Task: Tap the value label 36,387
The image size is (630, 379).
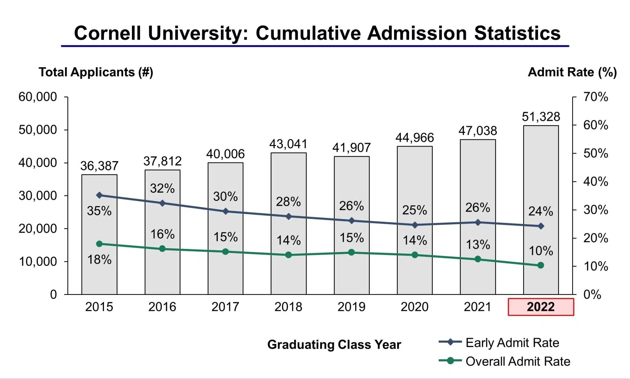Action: coord(99,166)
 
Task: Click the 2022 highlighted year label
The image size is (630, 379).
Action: coord(541,307)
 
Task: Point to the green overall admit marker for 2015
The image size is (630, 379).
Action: coord(99,244)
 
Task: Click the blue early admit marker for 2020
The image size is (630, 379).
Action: coord(415,225)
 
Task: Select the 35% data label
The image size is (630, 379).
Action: coord(99,211)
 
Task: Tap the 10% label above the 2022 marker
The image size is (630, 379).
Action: coord(541,251)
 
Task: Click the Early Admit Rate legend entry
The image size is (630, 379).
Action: coord(512,343)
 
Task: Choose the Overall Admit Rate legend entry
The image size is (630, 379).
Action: coord(517,361)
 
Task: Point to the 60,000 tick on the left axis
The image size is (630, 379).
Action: coord(38,97)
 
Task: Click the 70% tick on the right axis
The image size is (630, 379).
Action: coord(596,97)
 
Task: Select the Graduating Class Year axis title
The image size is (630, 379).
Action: coord(334,344)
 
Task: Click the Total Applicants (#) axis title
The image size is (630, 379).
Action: coord(96,72)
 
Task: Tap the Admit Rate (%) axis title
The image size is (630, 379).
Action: coord(572,72)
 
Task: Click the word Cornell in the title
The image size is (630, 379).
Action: coord(107,33)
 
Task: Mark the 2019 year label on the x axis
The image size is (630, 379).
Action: coord(351,307)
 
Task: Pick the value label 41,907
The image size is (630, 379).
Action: coord(351,148)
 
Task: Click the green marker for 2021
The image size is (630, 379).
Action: coord(478,259)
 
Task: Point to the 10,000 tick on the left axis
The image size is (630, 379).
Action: coord(38,262)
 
